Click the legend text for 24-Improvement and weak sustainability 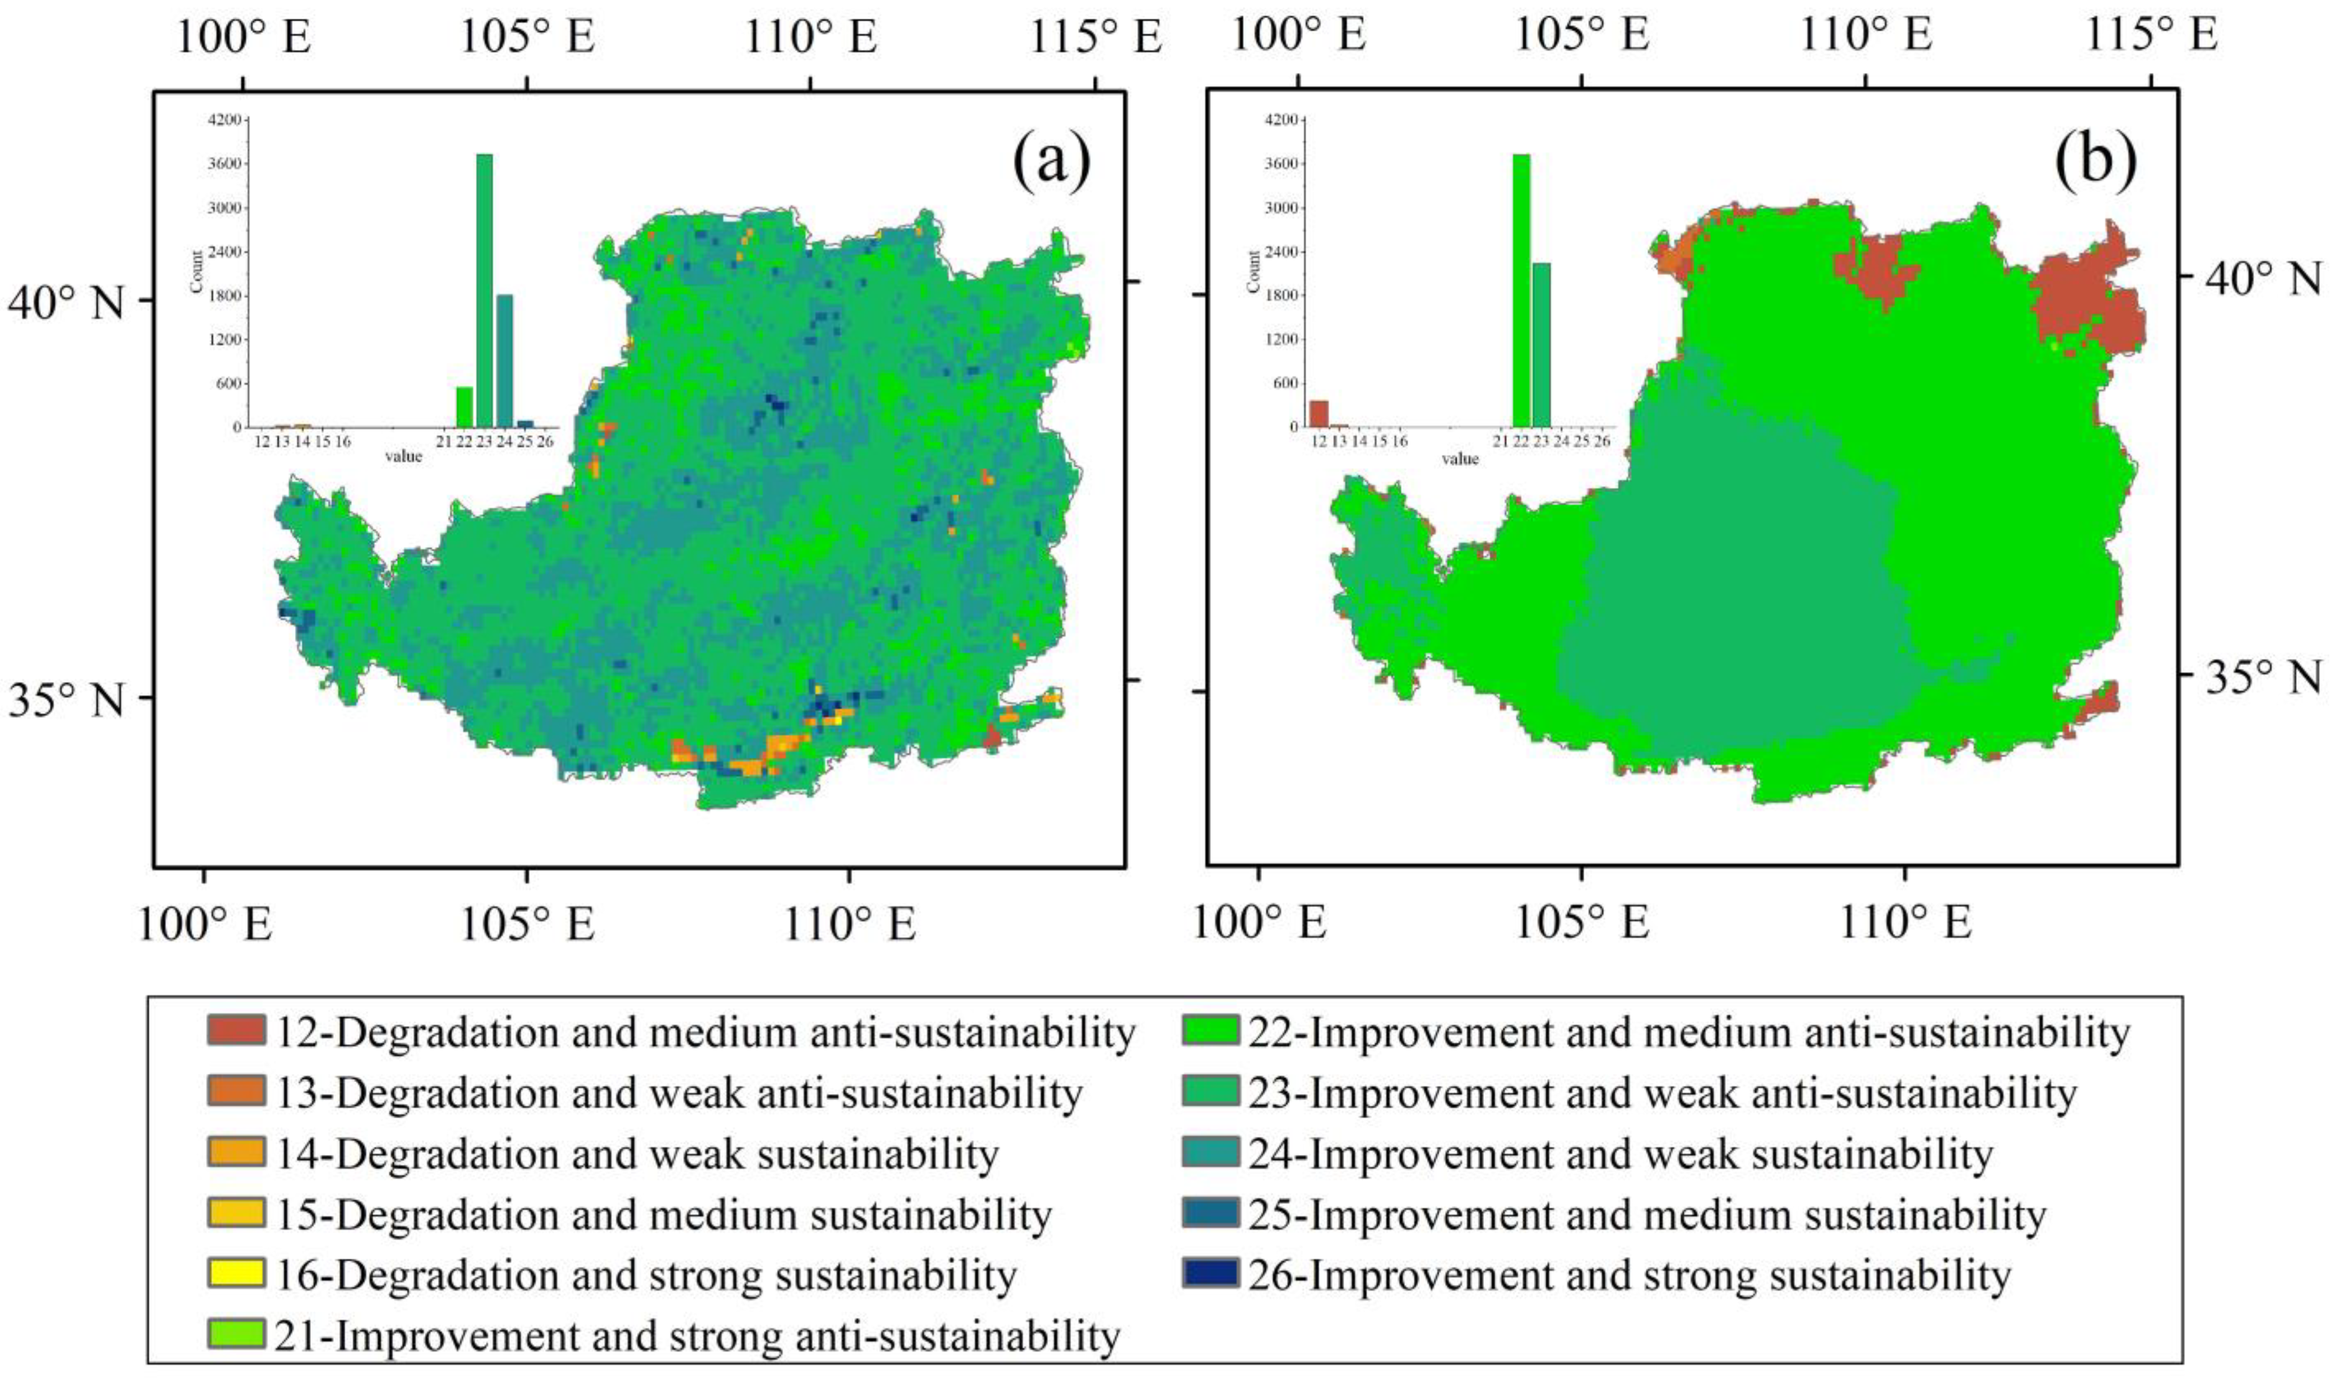(x=1620, y=1153)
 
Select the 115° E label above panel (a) (x=1095, y=38)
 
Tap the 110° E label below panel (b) (x=1904, y=924)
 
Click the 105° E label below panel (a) (x=527, y=925)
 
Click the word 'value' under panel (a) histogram (x=404, y=457)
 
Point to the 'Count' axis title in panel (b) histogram (x=1255, y=272)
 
